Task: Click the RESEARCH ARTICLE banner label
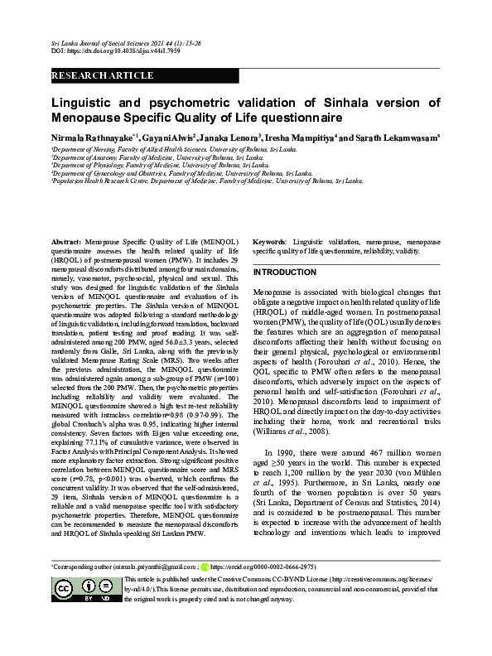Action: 103,75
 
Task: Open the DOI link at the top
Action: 104,51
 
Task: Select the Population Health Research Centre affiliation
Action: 207,180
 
